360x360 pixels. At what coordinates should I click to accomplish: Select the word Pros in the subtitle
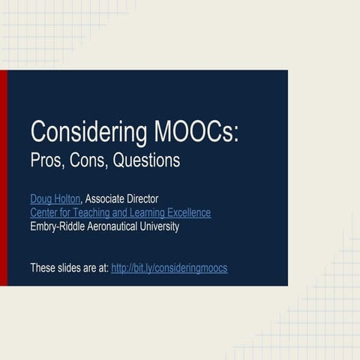(46, 160)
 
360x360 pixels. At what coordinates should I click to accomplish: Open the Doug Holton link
(55, 199)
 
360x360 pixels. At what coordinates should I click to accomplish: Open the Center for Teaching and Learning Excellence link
(120, 213)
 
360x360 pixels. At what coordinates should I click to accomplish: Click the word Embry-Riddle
(58, 226)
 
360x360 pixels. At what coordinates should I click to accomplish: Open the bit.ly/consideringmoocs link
(169, 268)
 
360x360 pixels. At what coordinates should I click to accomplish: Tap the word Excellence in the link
(187, 213)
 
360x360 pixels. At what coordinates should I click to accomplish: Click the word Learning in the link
(141, 213)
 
